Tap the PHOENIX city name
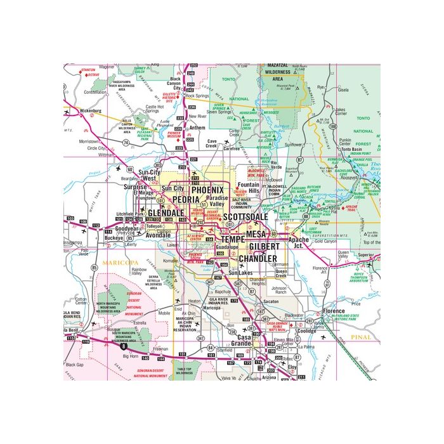click(x=207, y=190)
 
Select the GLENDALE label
click(x=166, y=213)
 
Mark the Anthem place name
click(x=197, y=127)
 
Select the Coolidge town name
click(x=306, y=330)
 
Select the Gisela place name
click(x=344, y=90)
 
